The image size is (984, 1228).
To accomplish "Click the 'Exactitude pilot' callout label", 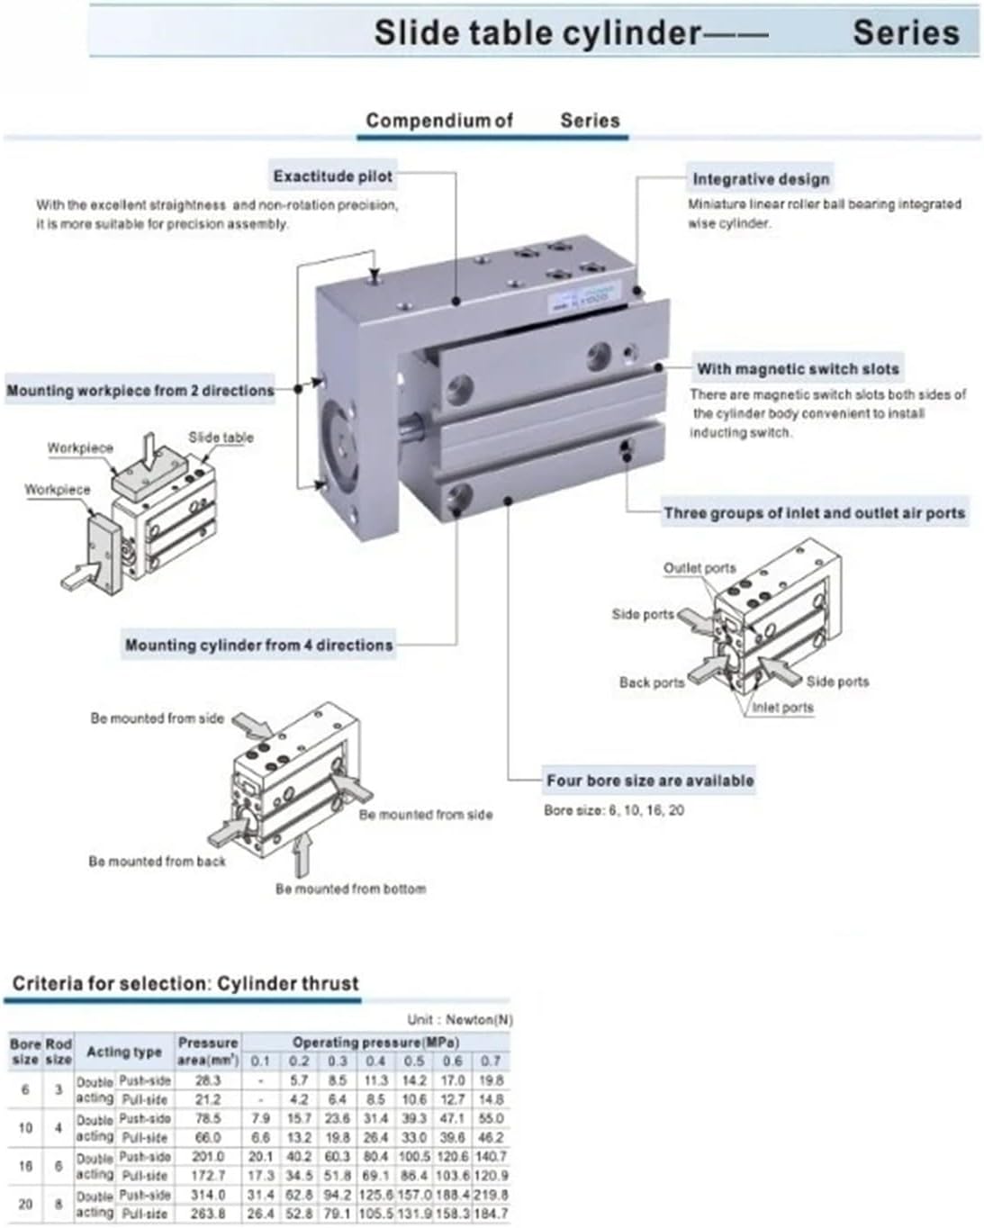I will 333,176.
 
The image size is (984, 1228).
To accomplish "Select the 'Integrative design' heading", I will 760,178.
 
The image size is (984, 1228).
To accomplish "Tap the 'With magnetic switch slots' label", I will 798,368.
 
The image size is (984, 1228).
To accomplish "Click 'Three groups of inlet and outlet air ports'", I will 814,513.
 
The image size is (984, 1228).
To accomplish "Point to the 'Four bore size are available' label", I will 650,781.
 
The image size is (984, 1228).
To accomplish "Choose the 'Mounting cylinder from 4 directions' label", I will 258,645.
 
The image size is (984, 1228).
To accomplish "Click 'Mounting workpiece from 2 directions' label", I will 140,391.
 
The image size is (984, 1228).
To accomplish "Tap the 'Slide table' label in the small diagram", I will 221,438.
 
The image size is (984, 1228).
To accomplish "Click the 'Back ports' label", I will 651,682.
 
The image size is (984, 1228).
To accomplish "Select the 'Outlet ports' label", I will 699,568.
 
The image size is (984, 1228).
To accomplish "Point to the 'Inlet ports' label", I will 782,708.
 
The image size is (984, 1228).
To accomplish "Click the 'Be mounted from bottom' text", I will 350,889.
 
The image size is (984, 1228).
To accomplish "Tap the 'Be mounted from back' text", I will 157,862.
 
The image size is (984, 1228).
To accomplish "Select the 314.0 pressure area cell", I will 207,1195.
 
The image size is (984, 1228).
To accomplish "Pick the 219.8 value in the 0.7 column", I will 491,1195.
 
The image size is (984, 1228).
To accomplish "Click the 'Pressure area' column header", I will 208,1051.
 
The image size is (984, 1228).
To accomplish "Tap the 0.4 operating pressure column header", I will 375,1061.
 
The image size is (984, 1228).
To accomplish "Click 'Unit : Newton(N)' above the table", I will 459,1019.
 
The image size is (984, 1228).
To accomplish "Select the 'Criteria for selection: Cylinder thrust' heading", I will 185,983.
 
